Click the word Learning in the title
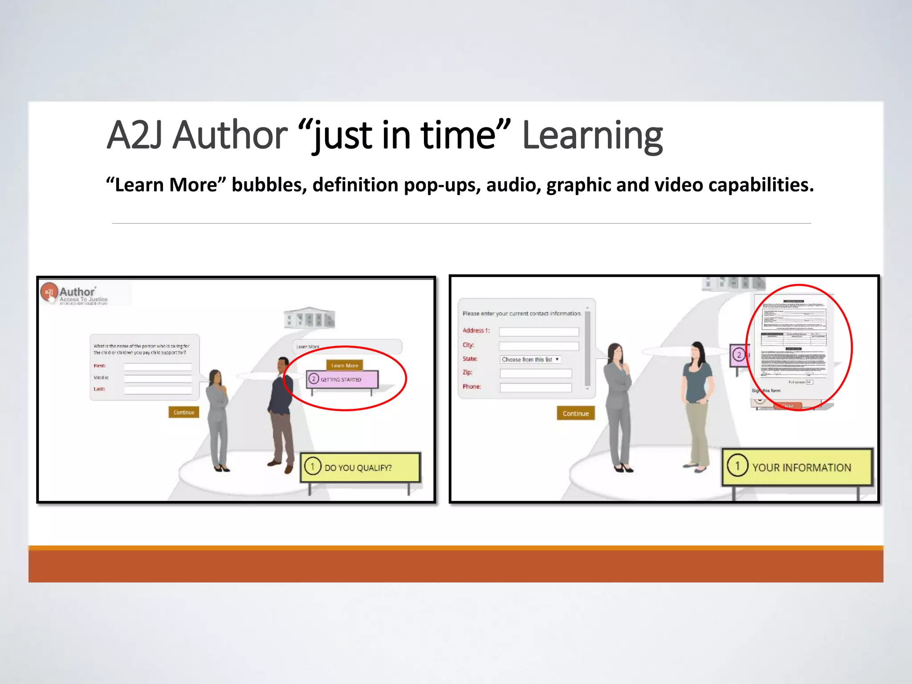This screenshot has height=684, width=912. point(592,136)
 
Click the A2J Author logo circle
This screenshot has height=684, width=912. point(49,292)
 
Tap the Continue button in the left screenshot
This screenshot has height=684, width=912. point(183,412)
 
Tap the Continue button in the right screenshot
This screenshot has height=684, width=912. point(575,413)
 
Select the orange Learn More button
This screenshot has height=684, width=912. point(345,365)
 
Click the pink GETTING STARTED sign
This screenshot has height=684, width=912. point(342,379)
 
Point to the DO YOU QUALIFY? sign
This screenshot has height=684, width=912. point(360,467)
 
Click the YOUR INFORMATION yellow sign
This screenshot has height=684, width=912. point(797,467)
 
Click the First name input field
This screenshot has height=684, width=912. point(158,366)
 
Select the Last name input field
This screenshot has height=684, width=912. point(158,390)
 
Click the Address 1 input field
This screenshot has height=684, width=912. point(539,331)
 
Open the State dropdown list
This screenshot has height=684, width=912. point(530,359)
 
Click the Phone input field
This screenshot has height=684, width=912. point(536,387)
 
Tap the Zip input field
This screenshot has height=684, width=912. point(536,373)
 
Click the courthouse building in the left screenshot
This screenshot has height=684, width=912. point(309,318)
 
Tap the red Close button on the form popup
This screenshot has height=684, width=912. point(787,405)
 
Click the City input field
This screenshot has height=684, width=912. point(539,346)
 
